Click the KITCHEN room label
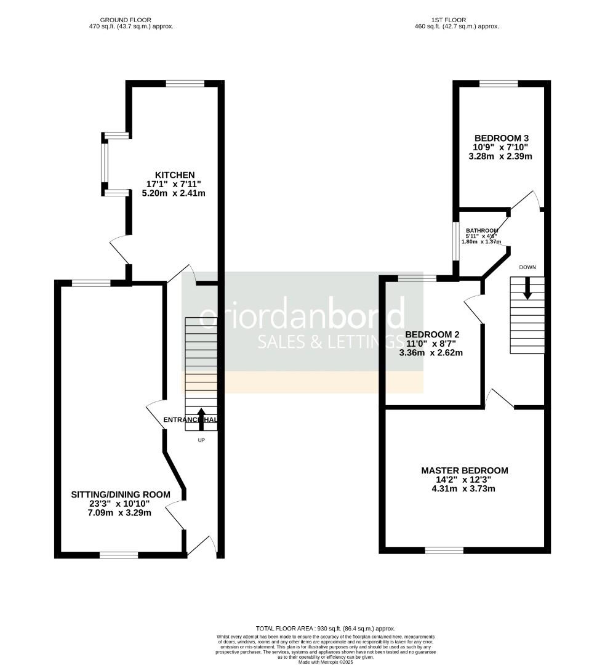pyautogui.click(x=175, y=175)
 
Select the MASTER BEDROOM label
pyautogui.click(x=465, y=470)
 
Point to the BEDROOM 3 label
pyautogui.click(x=501, y=138)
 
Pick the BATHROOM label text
pyautogui.click(x=481, y=230)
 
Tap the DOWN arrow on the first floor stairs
pyautogui.click(x=527, y=289)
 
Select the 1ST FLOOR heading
pyautogui.click(x=457, y=20)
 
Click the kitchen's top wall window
pyautogui.click(x=185, y=84)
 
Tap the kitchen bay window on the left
pyautogui.click(x=105, y=164)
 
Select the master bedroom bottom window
pyautogui.click(x=444, y=550)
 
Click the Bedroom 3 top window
pyautogui.click(x=499, y=84)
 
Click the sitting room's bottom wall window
pyautogui.click(x=119, y=555)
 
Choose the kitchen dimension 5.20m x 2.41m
pyautogui.click(x=175, y=193)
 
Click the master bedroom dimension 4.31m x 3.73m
pyautogui.click(x=465, y=489)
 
